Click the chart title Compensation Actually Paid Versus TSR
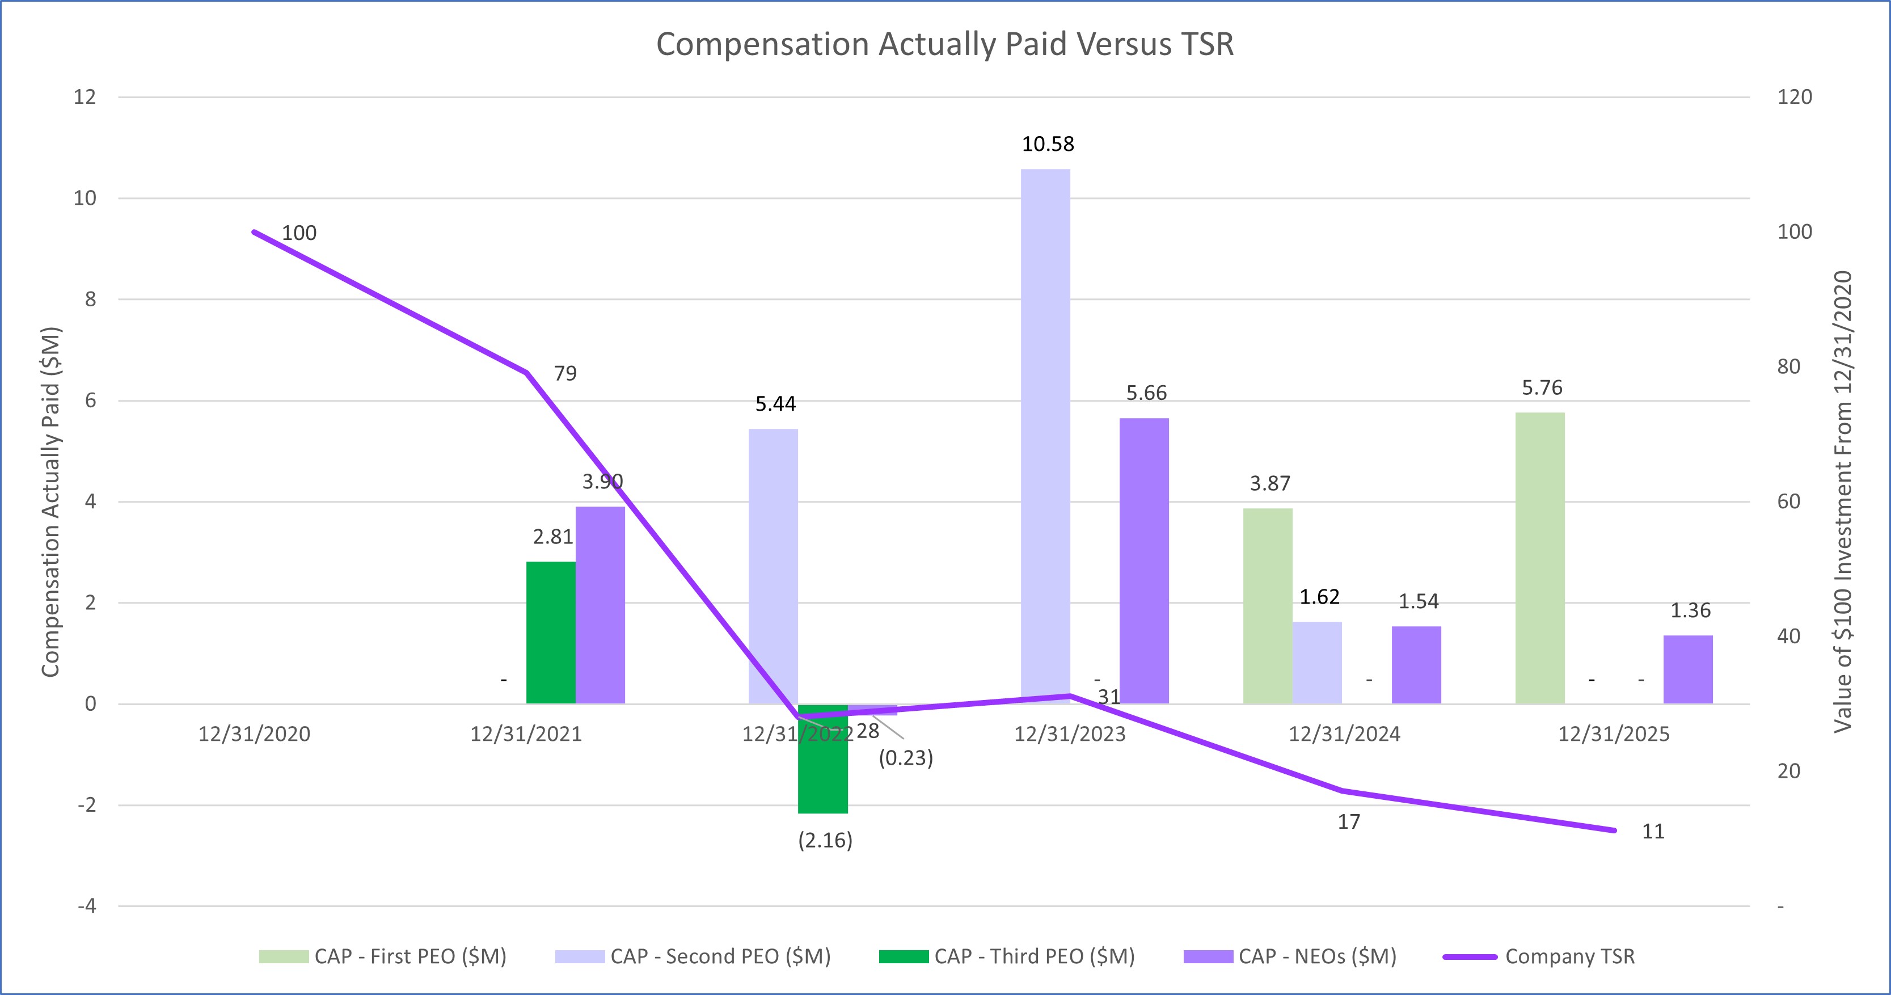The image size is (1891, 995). [945, 44]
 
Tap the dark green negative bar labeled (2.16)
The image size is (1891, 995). [823, 760]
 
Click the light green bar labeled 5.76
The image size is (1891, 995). [1540, 558]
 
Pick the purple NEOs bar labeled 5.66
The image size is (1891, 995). [1143, 561]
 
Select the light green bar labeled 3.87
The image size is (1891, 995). [1268, 606]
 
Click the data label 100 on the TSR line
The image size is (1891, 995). [299, 234]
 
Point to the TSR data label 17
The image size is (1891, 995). [1349, 822]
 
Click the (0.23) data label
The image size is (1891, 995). [906, 758]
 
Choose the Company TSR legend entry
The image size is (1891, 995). [1569, 956]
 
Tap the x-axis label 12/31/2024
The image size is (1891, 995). [1344, 733]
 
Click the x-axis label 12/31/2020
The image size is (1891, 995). [254, 733]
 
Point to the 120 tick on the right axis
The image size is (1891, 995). [1794, 97]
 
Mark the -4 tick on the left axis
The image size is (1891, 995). [87, 906]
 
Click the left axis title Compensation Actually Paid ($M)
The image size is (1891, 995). [50, 501]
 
